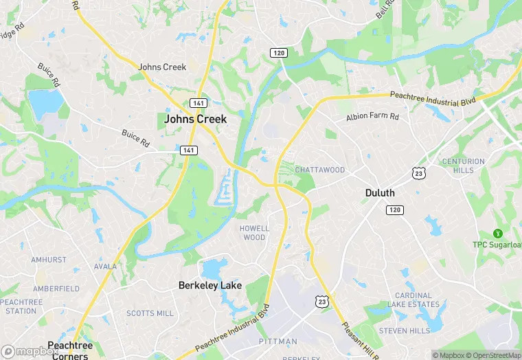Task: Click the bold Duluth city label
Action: (x=379, y=193)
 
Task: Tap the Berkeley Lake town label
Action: (x=210, y=284)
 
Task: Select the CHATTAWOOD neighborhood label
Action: (x=319, y=170)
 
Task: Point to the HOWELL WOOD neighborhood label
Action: (x=254, y=233)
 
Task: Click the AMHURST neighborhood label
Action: (x=49, y=260)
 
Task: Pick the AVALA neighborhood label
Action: (x=106, y=267)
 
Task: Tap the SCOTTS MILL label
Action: (x=150, y=313)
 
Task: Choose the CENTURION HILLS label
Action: (x=464, y=166)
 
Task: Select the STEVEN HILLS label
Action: (x=404, y=330)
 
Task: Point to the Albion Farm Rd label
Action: (x=372, y=117)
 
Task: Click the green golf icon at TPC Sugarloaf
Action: (x=498, y=234)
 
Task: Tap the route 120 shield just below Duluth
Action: (x=394, y=210)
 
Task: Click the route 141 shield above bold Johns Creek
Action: (x=198, y=103)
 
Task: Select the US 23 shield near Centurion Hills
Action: (x=418, y=174)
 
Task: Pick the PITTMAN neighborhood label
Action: (x=277, y=341)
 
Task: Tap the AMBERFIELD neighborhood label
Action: (x=56, y=289)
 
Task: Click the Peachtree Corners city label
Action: (x=69, y=350)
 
